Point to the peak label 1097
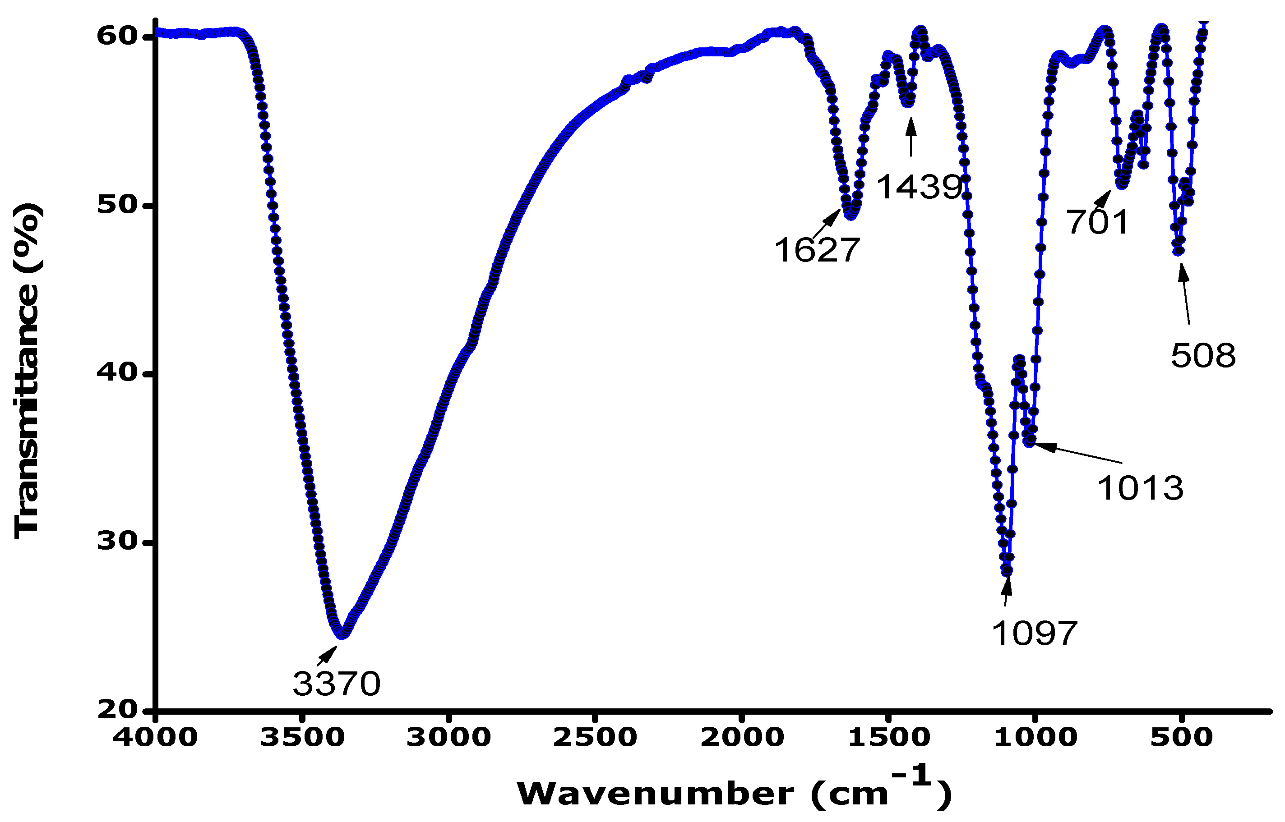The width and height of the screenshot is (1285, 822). click(x=1035, y=634)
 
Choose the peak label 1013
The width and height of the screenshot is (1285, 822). click(x=1140, y=488)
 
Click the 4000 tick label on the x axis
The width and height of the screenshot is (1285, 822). click(x=155, y=737)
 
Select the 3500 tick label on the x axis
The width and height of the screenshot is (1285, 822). click(x=302, y=737)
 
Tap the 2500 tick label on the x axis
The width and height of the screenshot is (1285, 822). click(x=595, y=737)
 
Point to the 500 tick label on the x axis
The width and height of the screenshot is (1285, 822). click(x=1181, y=737)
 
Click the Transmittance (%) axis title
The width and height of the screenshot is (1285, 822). click(x=27, y=371)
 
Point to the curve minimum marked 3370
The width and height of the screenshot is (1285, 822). click(x=342, y=634)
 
